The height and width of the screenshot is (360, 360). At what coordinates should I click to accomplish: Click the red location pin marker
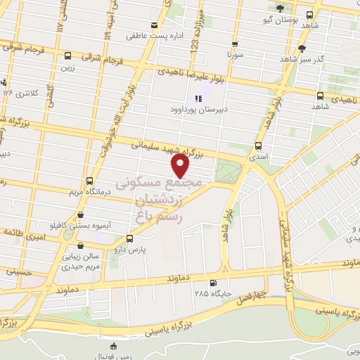pyautogui.click(x=181, y=165)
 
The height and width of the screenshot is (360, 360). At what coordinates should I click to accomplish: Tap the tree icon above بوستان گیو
pyautogui.click(x=281, y=8)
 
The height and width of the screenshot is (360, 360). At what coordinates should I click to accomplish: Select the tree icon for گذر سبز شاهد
pyautogui.click(x=302, y=49)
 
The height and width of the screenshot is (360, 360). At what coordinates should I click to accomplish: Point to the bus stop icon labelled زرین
pyautogui.click(x=67, y=56)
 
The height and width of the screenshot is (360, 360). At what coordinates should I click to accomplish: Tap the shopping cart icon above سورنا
pyautogui.click(x=234, y=41)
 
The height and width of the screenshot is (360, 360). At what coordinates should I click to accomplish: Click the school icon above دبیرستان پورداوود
pyautogui.click(x=199, y=99)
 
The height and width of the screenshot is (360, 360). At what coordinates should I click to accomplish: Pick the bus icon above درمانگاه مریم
pyautogui.click(x=89, y=181)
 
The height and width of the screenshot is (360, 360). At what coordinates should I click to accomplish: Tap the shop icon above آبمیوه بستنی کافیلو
pyautogui.click(x=81, y=214)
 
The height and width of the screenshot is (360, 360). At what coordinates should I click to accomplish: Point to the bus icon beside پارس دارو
pyautogui.click(x=127, y=238)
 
